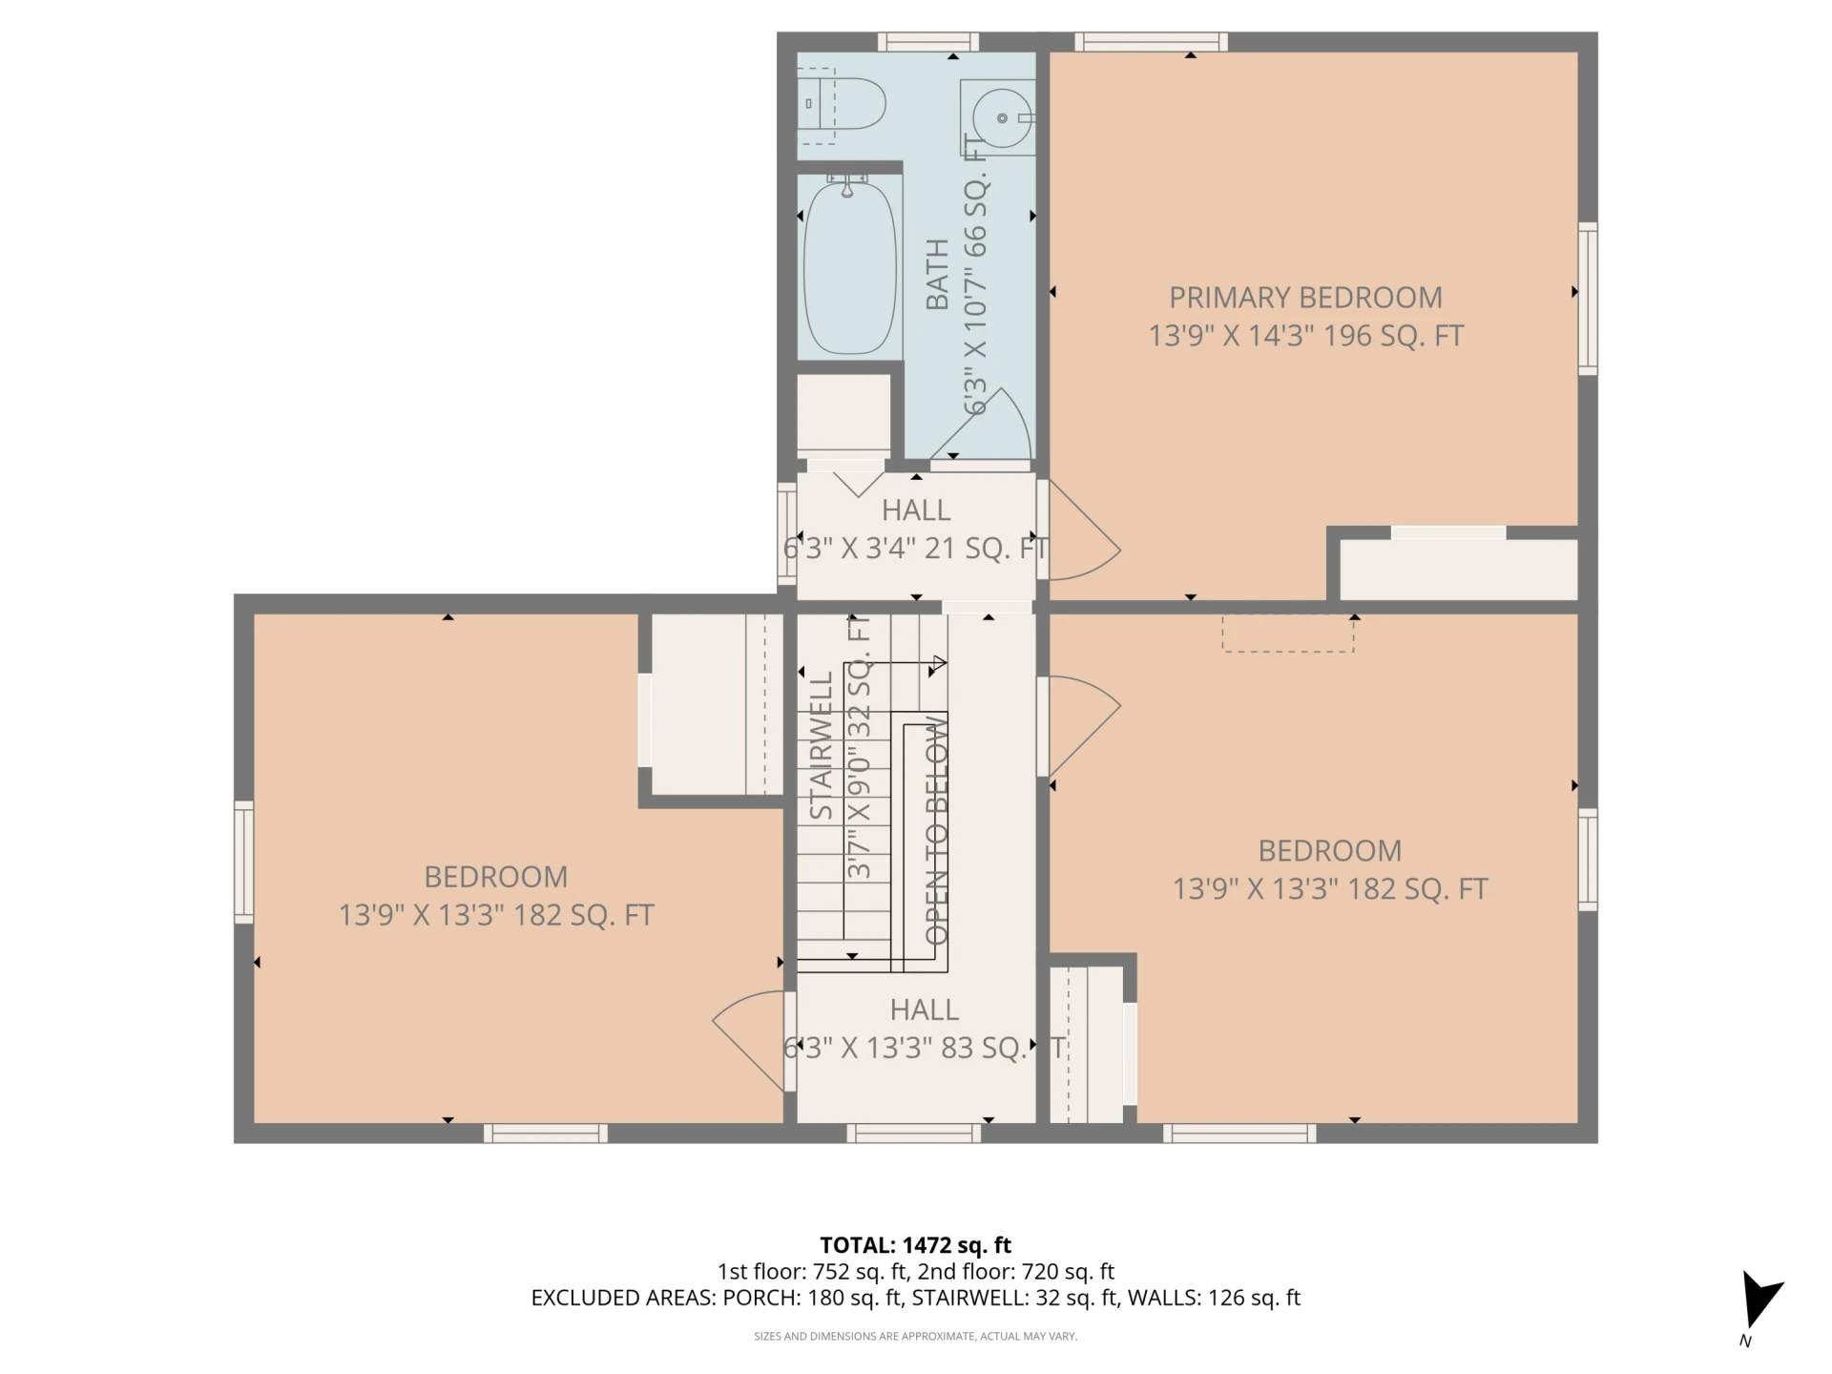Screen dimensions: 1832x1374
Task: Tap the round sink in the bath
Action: (1001, 118)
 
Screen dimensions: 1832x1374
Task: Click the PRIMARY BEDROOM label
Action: (1305, 298)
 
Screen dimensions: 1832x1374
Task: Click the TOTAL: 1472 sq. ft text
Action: (915, 1245)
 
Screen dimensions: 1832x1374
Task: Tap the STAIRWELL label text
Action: (821, 744)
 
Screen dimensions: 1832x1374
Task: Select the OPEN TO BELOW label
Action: (936, 830)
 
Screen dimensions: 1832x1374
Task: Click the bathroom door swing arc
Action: (1002, 410)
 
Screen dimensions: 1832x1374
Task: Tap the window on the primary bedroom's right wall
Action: (1588, 298)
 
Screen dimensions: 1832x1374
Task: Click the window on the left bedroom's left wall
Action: (244, 862)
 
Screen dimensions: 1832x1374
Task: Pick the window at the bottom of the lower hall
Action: (914, 1134)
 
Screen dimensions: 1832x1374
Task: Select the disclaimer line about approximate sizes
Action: (915, 1336)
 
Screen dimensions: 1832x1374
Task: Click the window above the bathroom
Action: (928, 42)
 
